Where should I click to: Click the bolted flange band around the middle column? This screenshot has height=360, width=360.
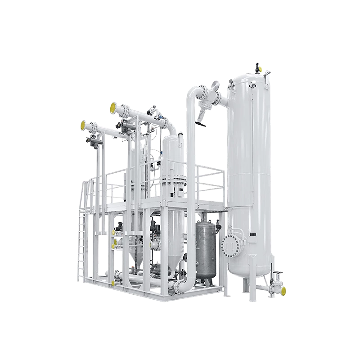174,185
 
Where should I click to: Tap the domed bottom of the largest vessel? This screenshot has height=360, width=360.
250,269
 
